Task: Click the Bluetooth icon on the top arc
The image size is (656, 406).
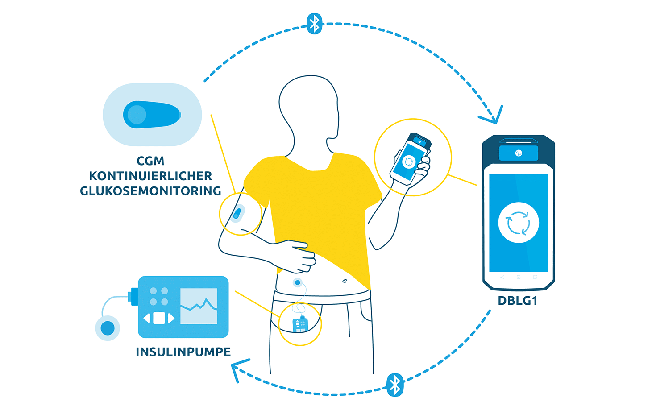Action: (x=314, y=24)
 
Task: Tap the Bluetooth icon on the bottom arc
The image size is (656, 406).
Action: (x=395, y=385)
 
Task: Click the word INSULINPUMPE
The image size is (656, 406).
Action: (x=183, y=352)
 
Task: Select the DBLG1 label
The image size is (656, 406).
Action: (x=518, y=301)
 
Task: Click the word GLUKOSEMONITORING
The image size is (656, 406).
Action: (x=150, y=191)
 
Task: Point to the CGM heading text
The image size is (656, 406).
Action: (x=150, y=161)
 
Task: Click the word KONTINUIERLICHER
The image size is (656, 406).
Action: (x=150, y=176)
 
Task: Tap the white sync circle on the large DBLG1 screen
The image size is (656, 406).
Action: (x=519, y=223)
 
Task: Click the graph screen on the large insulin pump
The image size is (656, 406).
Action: (x=199, y=306)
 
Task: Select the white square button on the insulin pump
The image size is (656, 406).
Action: (x=159, y=318)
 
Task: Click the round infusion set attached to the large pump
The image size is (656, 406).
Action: (x=108, y=328)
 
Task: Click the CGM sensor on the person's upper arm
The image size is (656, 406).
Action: (x=237, y=213)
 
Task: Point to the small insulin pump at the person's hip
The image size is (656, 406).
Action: (x=300, y=325)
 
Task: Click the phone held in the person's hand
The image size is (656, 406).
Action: (x=410, y=159)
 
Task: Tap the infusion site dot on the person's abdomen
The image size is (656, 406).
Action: (x=298, y=282)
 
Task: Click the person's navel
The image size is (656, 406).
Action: (x=345, y=282)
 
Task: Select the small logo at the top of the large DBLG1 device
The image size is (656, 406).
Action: (x=519, y=153)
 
